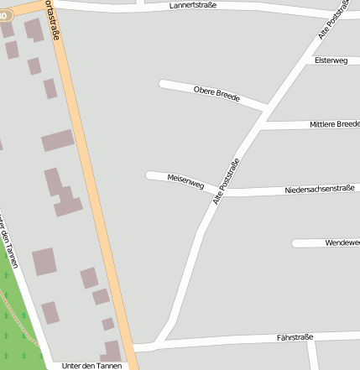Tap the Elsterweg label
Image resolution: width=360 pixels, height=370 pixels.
tap(331, 60)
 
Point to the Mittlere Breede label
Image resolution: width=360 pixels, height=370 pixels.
tap(334, 124)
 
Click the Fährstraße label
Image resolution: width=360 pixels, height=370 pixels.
tap(294, 337)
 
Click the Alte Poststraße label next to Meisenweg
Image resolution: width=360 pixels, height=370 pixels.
tap(227, 181)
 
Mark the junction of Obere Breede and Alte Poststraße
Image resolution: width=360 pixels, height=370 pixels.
tap(267, 108)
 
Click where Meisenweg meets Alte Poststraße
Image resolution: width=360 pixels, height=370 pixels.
tap(216, 191)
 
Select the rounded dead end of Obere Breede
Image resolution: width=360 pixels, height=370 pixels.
tap(163, 83)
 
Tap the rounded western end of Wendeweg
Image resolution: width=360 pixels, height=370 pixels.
tap(295, 243)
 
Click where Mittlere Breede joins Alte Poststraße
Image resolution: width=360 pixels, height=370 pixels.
tap(260, 128)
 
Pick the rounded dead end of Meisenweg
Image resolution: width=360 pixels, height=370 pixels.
tap(149, 175)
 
